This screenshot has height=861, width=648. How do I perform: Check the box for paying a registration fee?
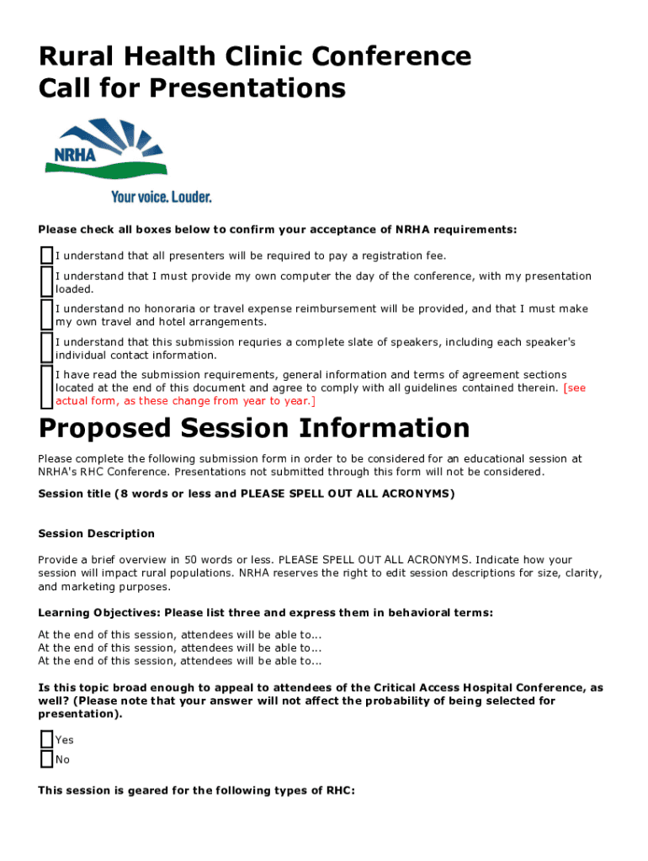[46, 256]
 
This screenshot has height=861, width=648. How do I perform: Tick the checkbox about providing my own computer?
[46, 282]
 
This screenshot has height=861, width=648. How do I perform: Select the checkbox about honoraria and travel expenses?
[46, 314]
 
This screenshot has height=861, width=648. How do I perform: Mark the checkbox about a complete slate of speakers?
[46, 348]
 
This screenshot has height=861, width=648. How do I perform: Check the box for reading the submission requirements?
[46, 388]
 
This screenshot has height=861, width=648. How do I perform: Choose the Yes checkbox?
[46, 740]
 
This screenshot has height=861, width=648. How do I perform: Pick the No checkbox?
[46, 759]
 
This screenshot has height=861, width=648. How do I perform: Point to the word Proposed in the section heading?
[106, 429]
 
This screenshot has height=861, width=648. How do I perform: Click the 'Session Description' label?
[97, 533]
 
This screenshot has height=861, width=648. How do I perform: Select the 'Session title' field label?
[74, 494]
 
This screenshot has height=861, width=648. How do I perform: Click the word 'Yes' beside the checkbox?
[65, 740]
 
